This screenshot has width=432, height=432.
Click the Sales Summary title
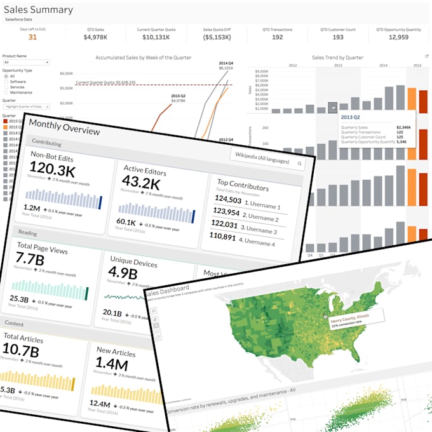39,10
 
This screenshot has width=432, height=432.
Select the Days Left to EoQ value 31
32,37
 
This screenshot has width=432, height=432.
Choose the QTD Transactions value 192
277,37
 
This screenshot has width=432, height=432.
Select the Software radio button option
6,82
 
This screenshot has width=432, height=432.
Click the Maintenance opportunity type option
6,93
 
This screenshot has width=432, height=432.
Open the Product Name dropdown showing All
26,62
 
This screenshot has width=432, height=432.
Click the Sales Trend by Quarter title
337,57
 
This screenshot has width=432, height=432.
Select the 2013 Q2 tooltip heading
351,117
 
